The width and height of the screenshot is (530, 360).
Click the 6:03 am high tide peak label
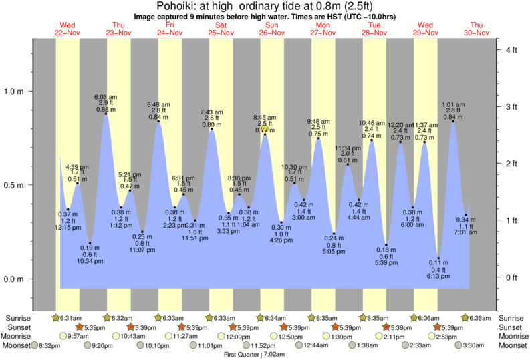(106, 97)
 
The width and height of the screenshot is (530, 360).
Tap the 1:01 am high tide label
(454, 104)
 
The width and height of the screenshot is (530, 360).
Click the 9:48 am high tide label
(318, 121)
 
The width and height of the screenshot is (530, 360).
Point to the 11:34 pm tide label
(347, 148)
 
